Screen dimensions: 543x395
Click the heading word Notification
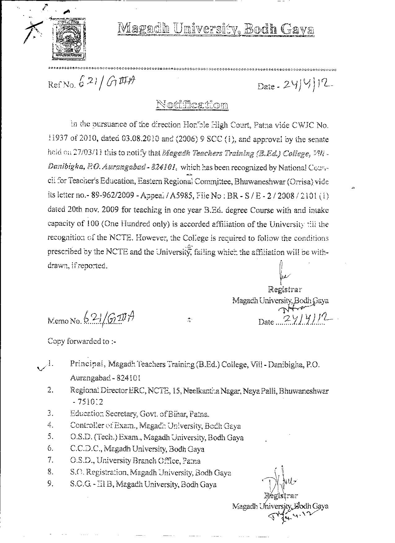point(192,104)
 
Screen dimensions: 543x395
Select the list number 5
point(51,437)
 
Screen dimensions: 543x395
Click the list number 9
point(51,484)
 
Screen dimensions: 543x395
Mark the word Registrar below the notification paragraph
point(285,290)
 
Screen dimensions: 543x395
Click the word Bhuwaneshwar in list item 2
point(303,391)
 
